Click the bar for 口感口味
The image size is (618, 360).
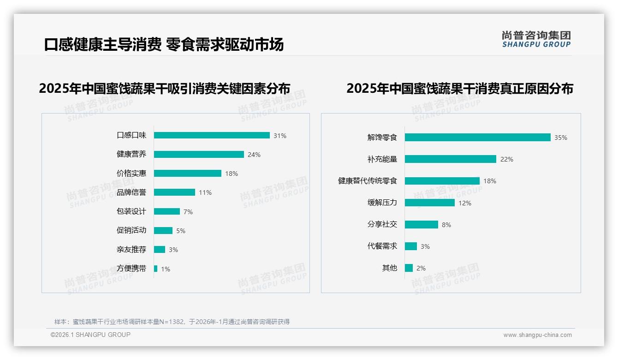tap(212, 135)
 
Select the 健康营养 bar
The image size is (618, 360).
tap(199, 154)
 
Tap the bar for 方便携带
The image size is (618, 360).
tap(156, 269)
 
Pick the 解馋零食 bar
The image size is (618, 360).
tap(477, 137)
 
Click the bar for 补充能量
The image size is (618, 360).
tap(450, 159)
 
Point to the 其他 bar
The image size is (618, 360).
tap(409, 268)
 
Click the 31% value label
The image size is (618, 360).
tap(280, 136)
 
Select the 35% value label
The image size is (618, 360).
tap(561, 138)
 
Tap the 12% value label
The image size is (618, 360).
tap(465, 203)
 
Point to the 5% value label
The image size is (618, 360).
tap(181, 231)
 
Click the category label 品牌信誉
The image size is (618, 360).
tap(131, 192)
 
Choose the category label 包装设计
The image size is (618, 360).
tap(131, 211)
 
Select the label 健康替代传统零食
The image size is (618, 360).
tap(368, 181)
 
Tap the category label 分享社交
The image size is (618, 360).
tap(382, 224)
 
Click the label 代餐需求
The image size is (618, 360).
tap(382, 246)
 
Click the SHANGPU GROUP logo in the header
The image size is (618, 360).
tap(536, 39)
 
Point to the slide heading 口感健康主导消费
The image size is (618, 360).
tap(102, 45)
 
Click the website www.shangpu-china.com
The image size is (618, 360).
tap(537, 335)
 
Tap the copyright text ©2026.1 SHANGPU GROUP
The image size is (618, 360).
tap(90, 335)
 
